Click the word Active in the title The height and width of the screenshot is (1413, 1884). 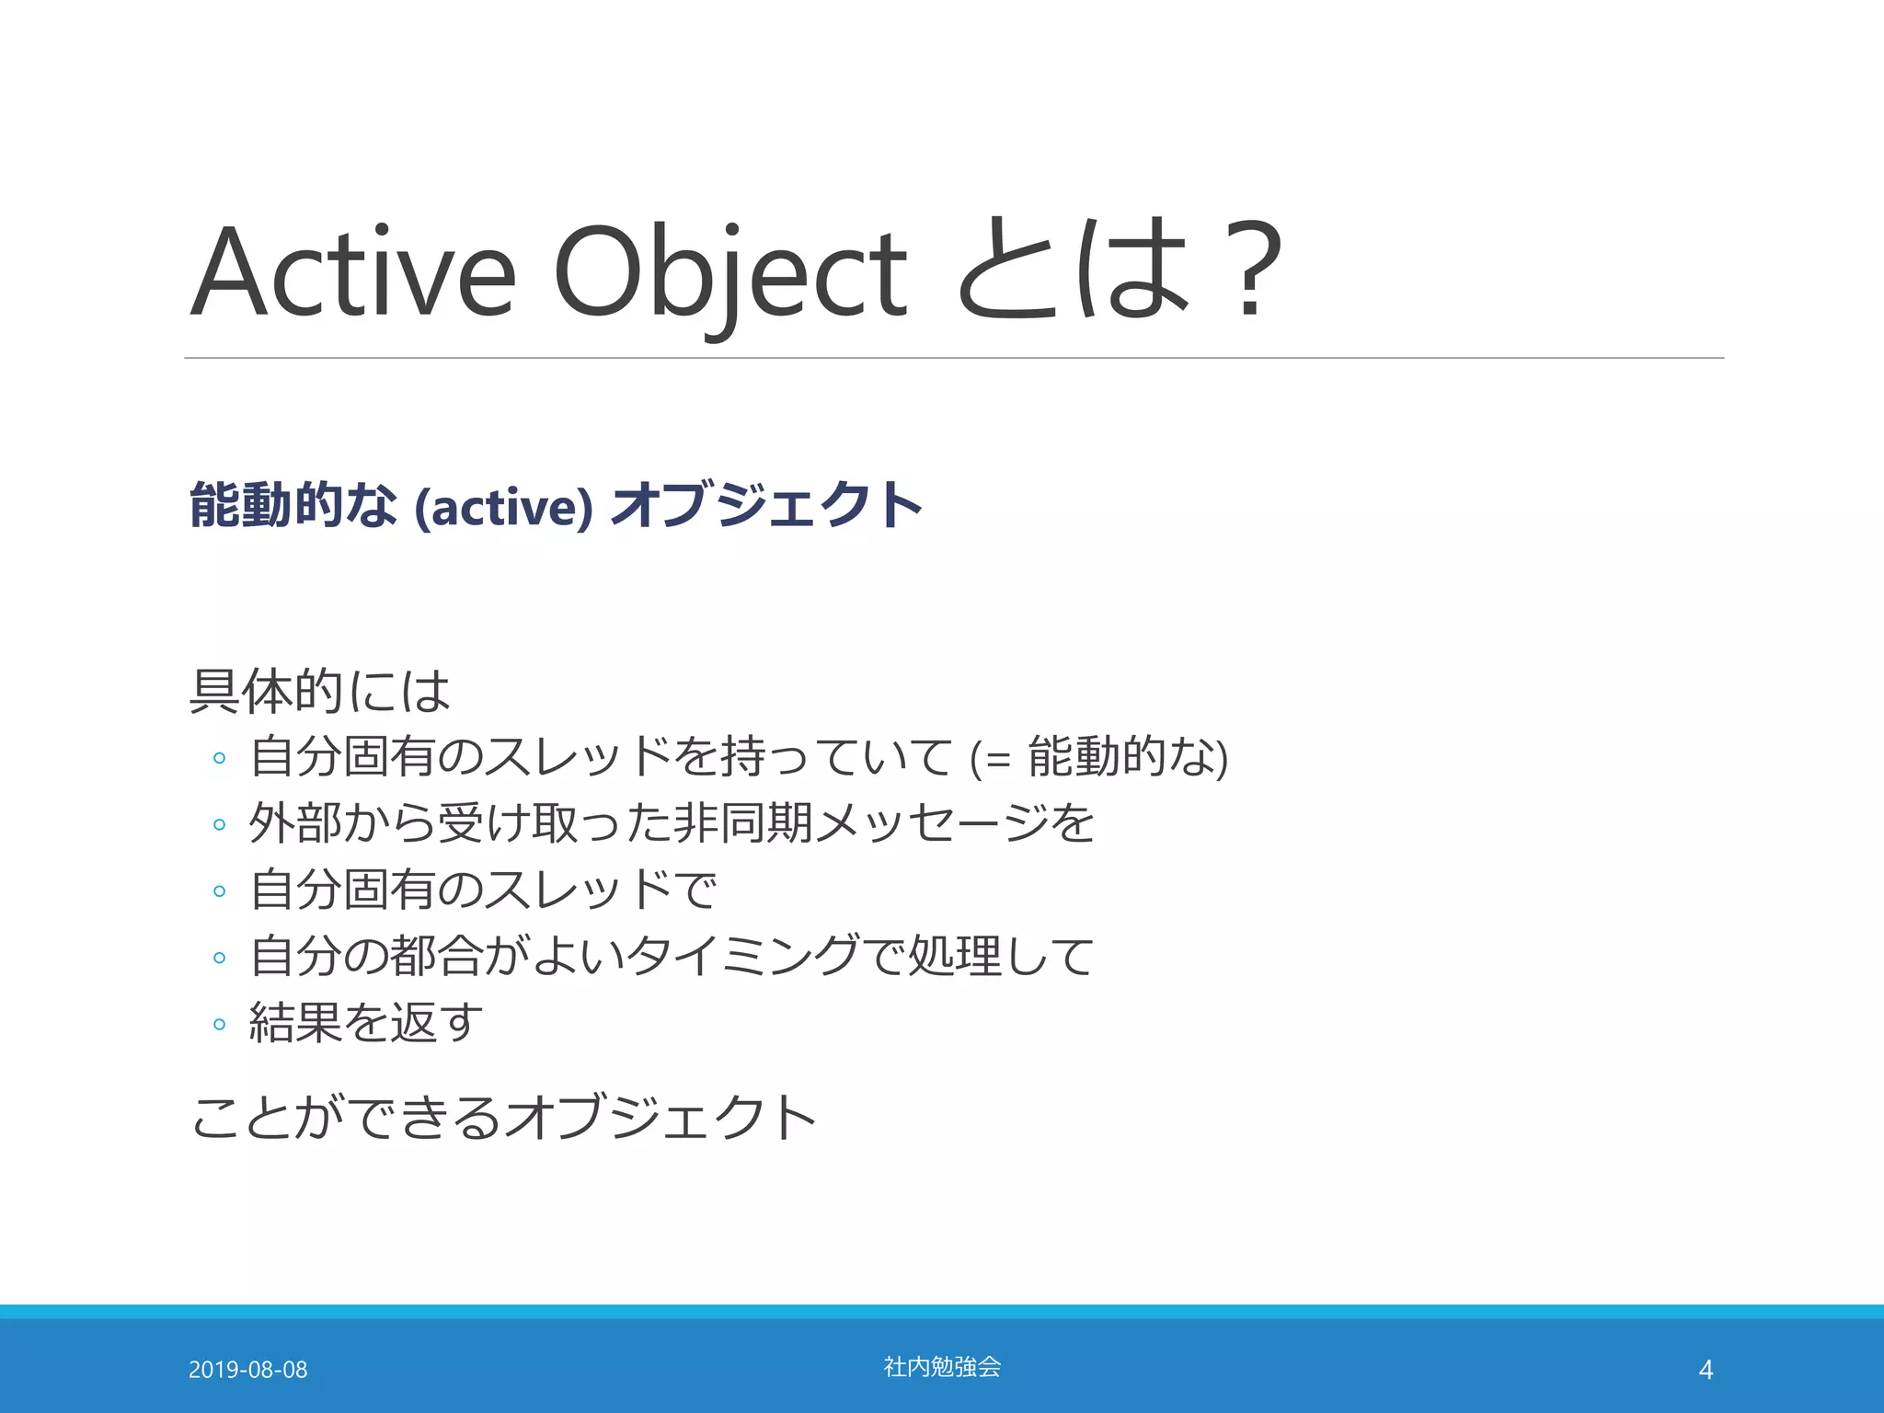pyautogui.click(x=352, y=272)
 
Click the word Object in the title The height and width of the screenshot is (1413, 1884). pyautogui.click(x=729, y=272)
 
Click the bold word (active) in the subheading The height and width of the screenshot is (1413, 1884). pyautogui.click(x=503, y=507)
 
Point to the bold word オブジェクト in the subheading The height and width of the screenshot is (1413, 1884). pyautogui.click(x=766, y=505)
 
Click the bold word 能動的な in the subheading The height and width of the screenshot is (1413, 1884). pyautogui.click(x=293, y=505)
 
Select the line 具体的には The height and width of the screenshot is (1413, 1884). pyautogui.click(x=319, y=691)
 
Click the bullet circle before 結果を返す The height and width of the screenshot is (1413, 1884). pyautogui.click(x=219, y=1024)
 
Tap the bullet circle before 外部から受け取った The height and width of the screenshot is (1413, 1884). pyautogui.click(x=219, y=824)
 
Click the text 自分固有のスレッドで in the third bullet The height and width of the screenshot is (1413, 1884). pyautogui.click(x=483, y=890)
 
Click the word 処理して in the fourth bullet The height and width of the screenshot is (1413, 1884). pyautogui.click(x=1001, y=956)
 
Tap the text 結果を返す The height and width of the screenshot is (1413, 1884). pyautogui.click(x=365, y=1022)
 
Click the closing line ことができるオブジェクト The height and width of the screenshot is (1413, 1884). pyautogui.click(x=503, y=1117)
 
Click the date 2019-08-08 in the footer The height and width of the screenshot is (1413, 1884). pyautogui.click(x=247, y=1370)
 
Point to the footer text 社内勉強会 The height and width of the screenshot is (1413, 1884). pyautogui.click(x=942, y=1367)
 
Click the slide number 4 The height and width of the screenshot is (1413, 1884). pyautogui.click(x=1705, y=1370)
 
